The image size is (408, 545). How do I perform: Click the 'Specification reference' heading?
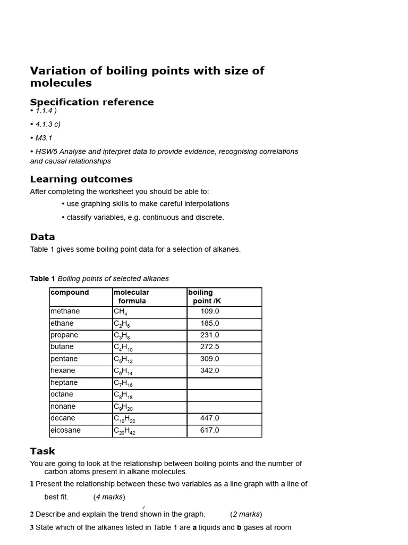[x=92, y=102]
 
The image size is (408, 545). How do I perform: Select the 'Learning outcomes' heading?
[x=81, y=179]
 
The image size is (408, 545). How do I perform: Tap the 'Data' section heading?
[x=42, y=237]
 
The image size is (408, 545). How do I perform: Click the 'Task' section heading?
[x=42, y=451]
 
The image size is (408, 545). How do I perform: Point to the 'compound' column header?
[x=70, y=293]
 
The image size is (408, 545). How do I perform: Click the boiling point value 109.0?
[x=210, y=311]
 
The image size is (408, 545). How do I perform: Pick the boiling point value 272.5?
[x=210, y=347]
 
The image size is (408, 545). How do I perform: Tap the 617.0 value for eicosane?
[x=210, y=431]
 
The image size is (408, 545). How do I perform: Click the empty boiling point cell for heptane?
[x=224, y=383]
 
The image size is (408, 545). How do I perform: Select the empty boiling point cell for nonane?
[x=224, y=407]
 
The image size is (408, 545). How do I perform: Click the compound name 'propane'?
[x=64, y=335]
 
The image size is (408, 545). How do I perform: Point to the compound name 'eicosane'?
[x=66, y=431]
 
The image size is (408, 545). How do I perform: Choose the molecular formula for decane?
[x=124, y=419]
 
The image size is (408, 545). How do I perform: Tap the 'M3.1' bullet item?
[x=44, y=138]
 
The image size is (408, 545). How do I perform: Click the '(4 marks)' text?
[x=109, y=497]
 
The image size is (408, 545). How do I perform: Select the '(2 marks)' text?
[x=246, y=514]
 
